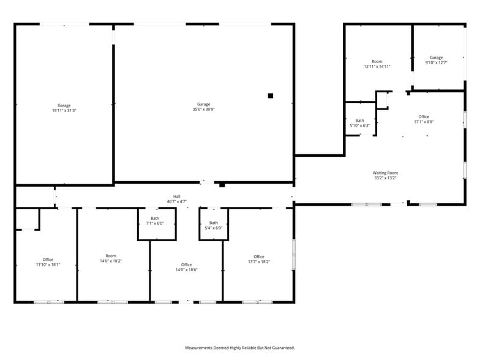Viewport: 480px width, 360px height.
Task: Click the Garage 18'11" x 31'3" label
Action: point(64,108)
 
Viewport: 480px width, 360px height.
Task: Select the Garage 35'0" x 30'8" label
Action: point(203,107)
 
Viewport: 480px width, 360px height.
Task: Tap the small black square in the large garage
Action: point(270,96)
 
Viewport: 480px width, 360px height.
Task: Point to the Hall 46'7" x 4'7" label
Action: point(176,199)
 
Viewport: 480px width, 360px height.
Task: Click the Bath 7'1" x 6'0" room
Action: point(156,223)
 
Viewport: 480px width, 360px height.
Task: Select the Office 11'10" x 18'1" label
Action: point(48,262)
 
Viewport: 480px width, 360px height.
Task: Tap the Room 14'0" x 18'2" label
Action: point(110,258)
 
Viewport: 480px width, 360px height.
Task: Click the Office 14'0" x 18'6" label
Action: point(186,267)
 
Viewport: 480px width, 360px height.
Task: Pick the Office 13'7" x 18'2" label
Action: point(258,259)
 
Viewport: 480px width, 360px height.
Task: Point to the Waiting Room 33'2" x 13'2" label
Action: point(385,175)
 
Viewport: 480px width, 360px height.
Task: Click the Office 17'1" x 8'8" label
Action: point(424,119)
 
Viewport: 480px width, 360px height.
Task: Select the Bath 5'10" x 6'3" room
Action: point(359,122)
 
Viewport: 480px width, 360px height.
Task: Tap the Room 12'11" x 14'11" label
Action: point(377,64)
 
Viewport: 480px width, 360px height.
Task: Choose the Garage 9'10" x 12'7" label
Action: point(436,60)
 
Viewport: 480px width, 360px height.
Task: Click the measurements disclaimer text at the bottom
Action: point(240,347)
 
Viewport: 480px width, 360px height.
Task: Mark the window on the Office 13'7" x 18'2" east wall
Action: point(294,254)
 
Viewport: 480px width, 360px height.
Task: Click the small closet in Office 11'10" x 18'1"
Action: point(27,219)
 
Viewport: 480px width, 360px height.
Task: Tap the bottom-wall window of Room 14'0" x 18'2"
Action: point(113,302)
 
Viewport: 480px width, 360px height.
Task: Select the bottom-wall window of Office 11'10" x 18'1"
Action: point(48,302)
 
